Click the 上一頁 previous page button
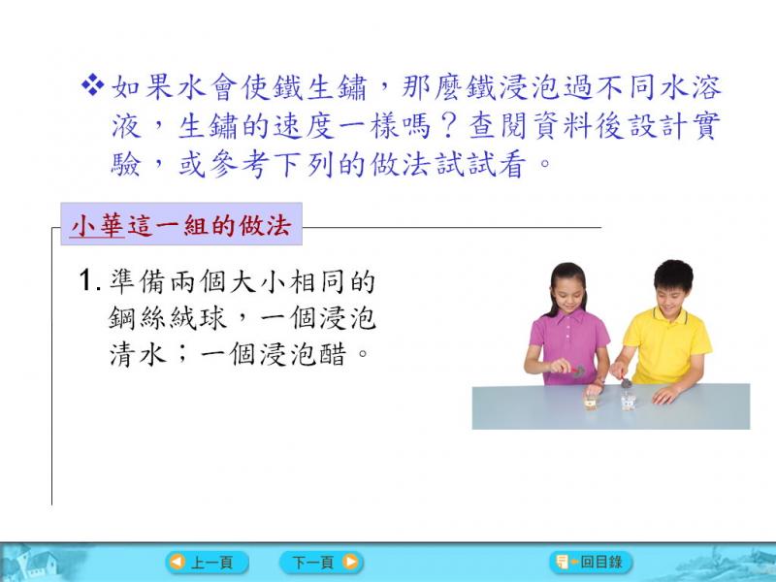point(207,563)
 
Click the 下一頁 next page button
point(321,563)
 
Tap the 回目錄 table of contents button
point(591,562)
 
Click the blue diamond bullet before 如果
point(92,85)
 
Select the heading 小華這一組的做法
point(181,226)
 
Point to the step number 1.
point(88,280)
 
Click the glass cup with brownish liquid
point(591,402)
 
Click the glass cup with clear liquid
point(628,402)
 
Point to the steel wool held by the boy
point(626,382)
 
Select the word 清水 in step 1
point(138,354)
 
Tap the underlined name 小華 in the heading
point(97,226)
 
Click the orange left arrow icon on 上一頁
point(177,563)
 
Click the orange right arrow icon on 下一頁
point(350,563)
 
